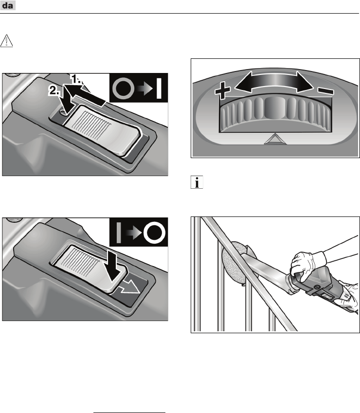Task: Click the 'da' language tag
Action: click(x=8, y=5)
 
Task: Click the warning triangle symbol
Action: click(x=6, y=41)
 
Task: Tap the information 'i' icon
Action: click(x=197, y=182)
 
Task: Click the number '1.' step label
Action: click(x=77, y=79)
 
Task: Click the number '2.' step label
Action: click(x=54, y=90)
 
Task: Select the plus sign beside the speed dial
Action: click(x=222, y=90)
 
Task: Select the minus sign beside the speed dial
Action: click(x=326, y=91)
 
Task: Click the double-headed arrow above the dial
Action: click(x=274, y=82)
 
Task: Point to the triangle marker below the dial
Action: click(x=275, y=139)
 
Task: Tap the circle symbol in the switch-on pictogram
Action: click(x=123, y=89)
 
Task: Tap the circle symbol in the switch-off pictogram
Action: click(x=154, y=233)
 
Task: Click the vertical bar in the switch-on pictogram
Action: click(x=159, y=88)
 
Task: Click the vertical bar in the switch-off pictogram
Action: click(x=119, y=233)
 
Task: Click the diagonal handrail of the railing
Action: click(x=250, y=274)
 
